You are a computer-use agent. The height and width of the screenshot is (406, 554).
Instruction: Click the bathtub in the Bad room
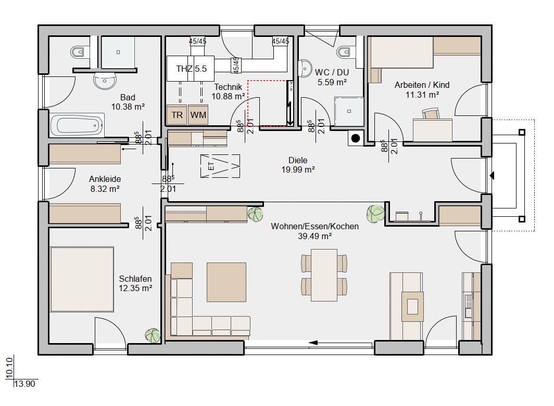coord(77,125)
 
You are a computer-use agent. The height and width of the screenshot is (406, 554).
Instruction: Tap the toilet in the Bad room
coord(77,52)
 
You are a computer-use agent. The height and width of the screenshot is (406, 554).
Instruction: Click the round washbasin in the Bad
coord(105,81)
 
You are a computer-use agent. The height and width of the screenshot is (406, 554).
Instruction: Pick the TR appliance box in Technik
coord(177,115)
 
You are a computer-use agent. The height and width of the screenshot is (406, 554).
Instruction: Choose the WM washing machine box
coord(198,115)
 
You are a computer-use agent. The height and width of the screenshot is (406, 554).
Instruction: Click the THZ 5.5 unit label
coord(191,69)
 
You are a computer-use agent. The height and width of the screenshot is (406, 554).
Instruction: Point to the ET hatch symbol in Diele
coord(220,166)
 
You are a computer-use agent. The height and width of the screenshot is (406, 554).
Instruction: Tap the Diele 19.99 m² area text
coord(298,165)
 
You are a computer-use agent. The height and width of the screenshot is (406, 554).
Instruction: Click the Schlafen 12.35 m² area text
coord(135,284)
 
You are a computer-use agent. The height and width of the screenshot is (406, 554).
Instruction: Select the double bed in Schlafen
coord(82,279)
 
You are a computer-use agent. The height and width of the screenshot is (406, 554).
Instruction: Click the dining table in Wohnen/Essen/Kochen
coord(324,275)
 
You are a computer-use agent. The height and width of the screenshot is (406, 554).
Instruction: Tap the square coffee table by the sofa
coord(226,282)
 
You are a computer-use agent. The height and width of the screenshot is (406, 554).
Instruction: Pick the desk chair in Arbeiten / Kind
coord(431,114)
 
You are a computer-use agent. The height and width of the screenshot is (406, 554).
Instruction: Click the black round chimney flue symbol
coord(356,138)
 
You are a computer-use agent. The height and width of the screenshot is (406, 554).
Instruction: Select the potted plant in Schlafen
coord(153,335)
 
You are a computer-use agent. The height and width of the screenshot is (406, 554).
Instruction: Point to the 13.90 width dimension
coord(25,384)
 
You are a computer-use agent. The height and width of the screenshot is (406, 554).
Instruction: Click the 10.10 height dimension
coord(9,368)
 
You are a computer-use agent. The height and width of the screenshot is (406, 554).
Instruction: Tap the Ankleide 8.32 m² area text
coord(105,184)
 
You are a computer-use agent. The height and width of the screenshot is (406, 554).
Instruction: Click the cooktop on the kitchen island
coord(412,307)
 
